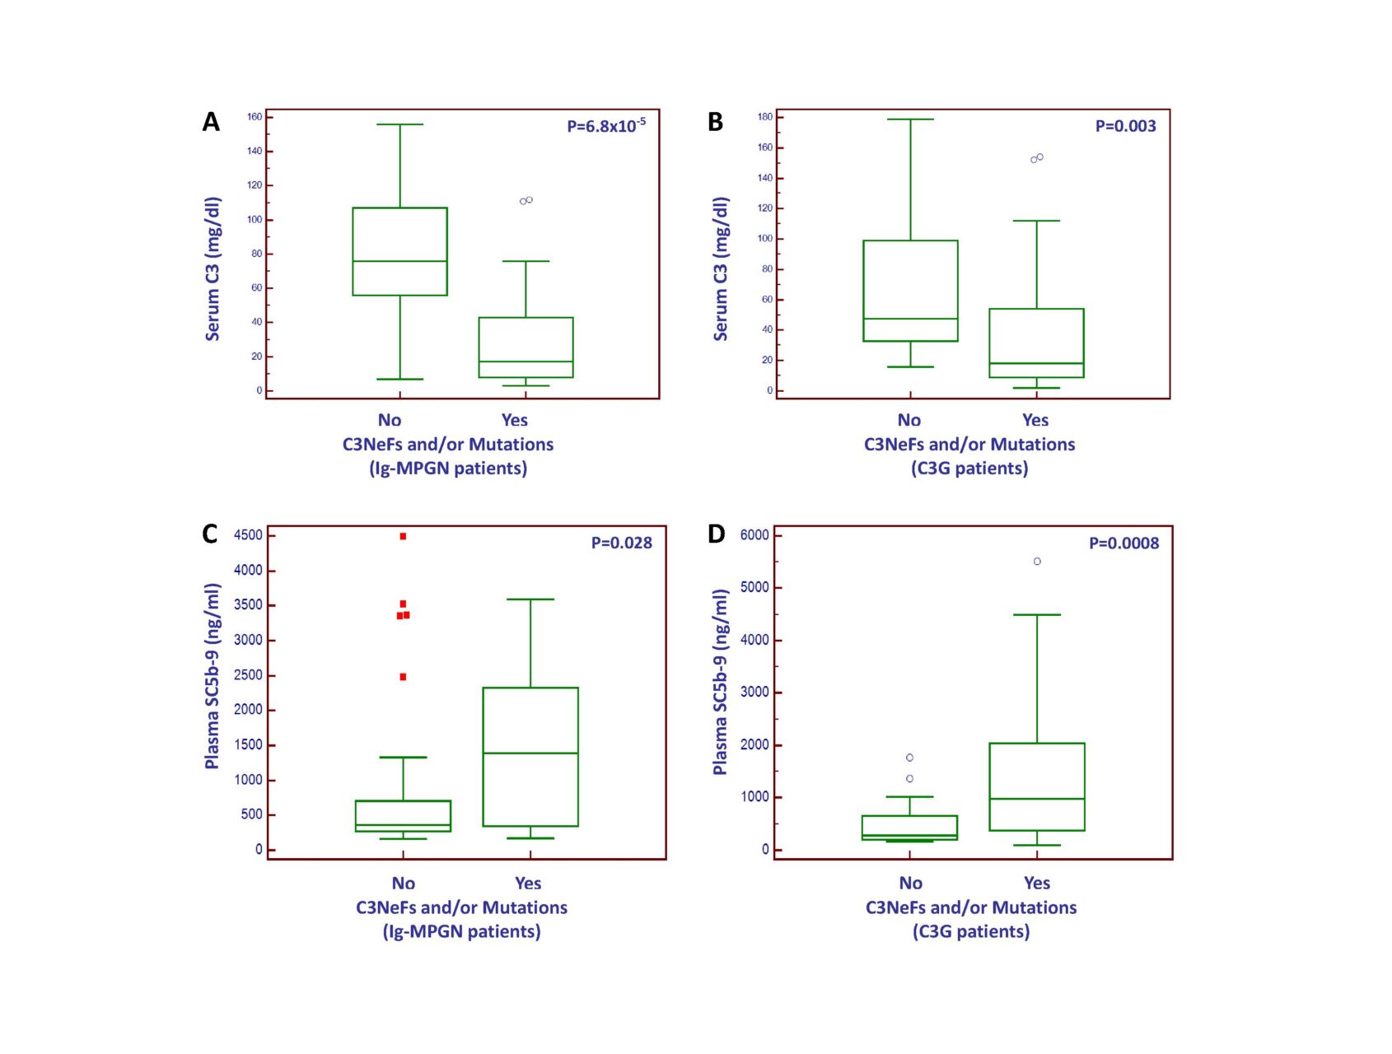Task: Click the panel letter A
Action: point(211,122)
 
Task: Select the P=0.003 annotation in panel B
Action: point(1125,126)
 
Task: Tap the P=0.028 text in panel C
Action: point(621,543)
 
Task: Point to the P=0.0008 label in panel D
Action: point(1123,543)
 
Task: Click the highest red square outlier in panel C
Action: point(403,536)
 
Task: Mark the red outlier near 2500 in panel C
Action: point(403,677)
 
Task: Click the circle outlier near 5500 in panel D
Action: point(1037,562)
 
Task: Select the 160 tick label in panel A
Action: point(255,117)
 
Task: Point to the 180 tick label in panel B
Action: point(765,117)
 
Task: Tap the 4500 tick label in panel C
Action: point(248,535)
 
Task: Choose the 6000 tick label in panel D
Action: point(754,535)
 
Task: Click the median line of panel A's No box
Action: point(399,261)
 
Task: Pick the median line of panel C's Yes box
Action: point(530,753)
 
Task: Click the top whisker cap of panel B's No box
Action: point(911,119)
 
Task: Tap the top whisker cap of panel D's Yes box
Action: point(1037,615)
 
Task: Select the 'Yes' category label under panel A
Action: point(515,420)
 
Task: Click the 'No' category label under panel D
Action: point(910,883)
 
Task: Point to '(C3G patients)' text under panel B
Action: point(969,469)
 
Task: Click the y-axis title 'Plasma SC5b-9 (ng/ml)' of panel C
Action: point(213,676)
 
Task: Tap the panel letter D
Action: point(716,534)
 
